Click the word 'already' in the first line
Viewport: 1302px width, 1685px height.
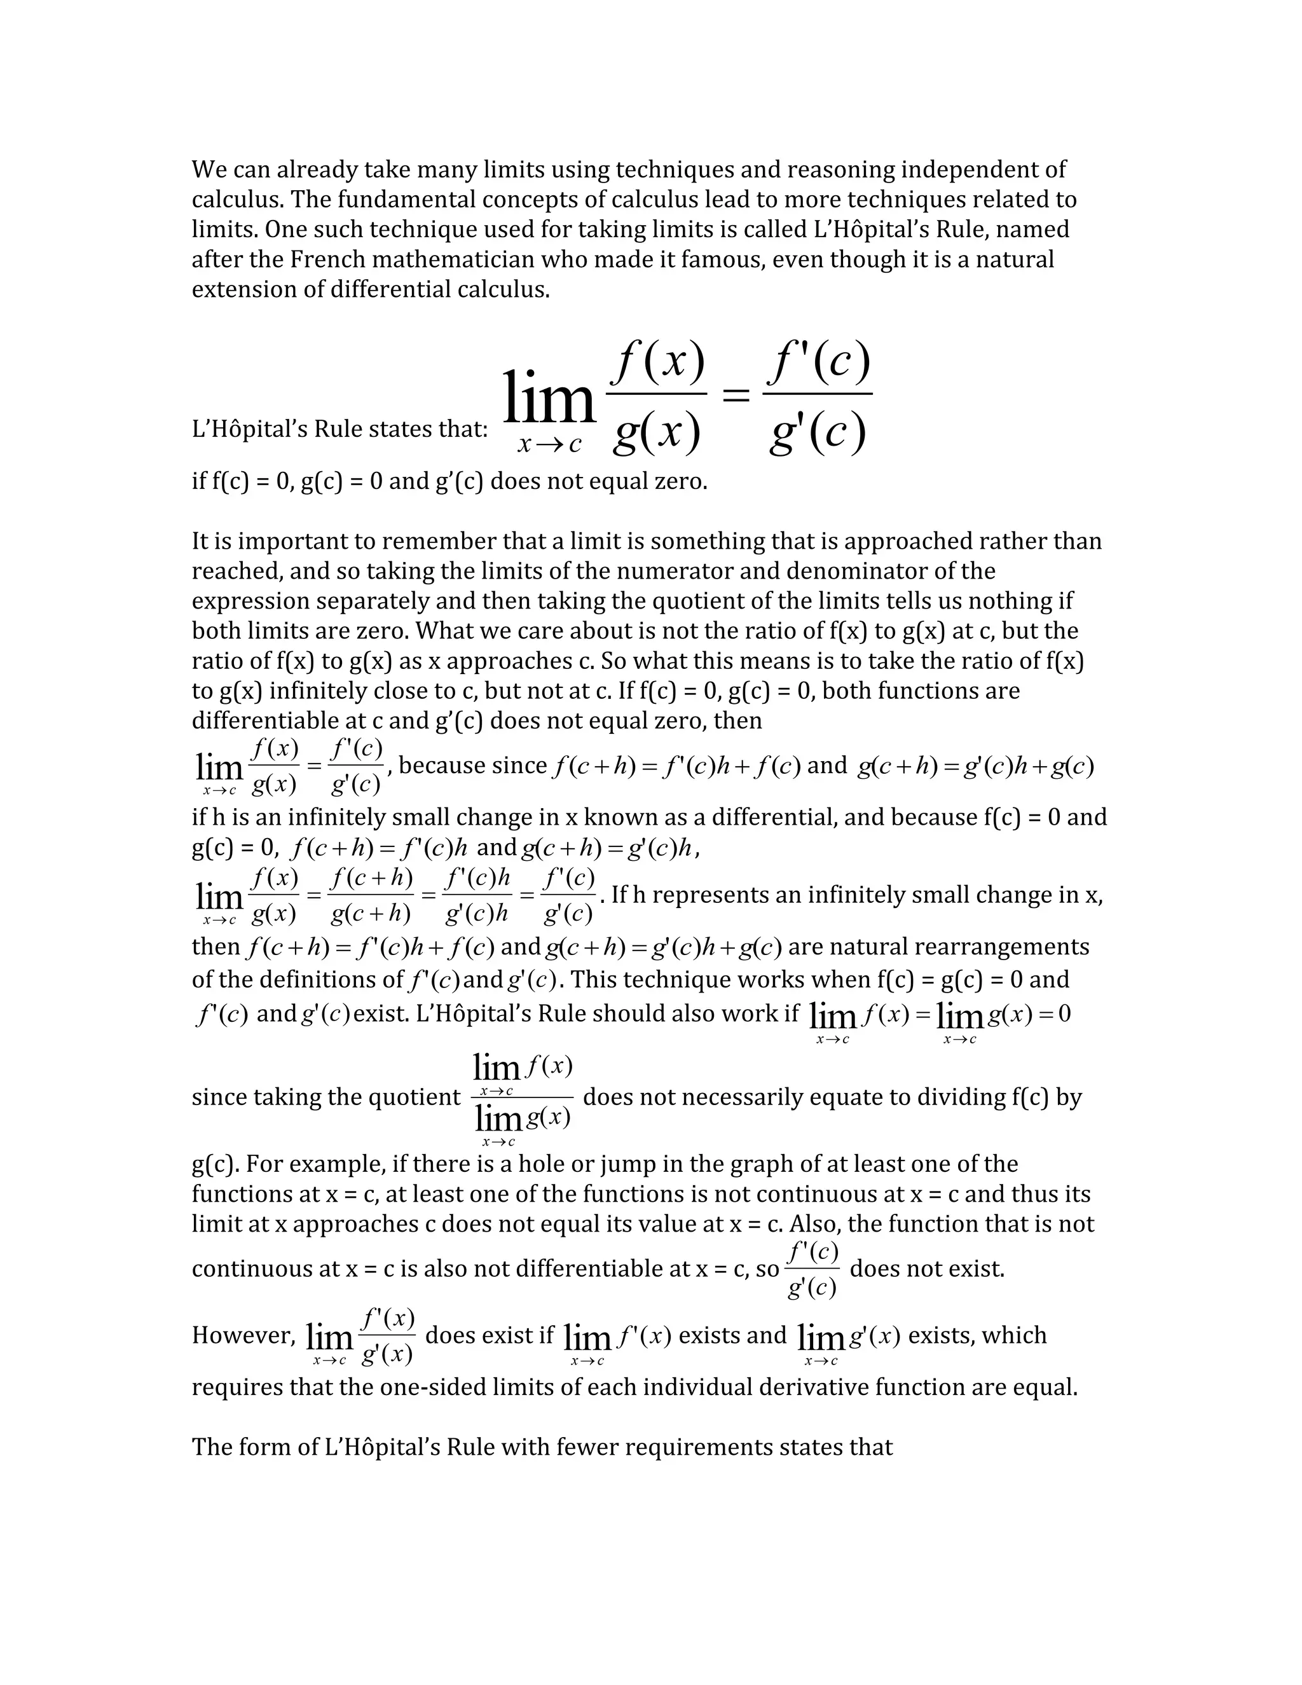(x=316, y=170)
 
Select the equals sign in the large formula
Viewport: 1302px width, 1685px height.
(x=735, y=397)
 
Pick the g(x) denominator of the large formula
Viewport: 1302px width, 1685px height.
(x=657, y=433)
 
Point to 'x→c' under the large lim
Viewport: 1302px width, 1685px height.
(x=549, y=445)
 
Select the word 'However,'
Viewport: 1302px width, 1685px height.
(x=243, y=1335)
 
